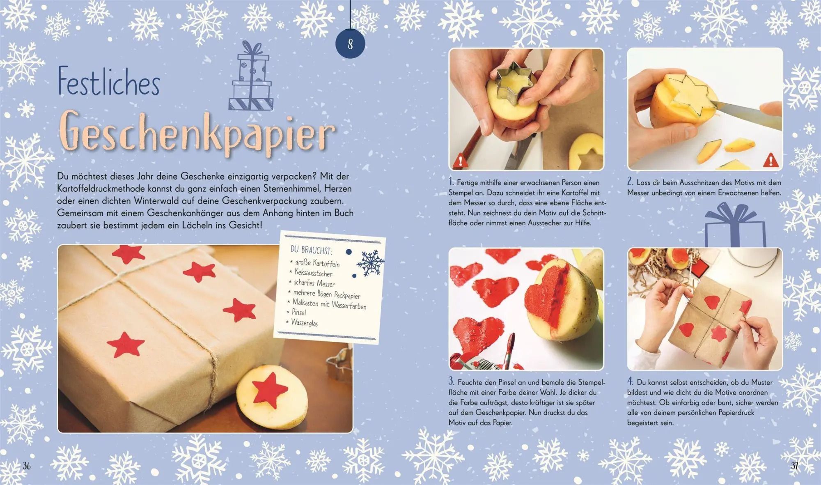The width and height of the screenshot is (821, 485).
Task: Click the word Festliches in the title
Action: point(109,82)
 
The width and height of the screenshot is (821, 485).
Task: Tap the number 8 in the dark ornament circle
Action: point(350,44)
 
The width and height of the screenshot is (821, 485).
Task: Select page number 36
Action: point(27,466)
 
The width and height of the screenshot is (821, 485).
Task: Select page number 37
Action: point(795,466)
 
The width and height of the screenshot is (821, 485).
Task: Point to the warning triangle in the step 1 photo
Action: point(461,161)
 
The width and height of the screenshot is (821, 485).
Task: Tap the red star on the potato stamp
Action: point(270,386)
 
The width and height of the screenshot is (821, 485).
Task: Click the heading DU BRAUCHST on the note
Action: point(312,250)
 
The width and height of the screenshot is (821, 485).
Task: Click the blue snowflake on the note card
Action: point(370,262)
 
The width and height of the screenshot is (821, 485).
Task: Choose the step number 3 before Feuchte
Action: point(451,382)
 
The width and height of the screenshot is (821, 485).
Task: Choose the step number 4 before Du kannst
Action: point(631,382)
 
